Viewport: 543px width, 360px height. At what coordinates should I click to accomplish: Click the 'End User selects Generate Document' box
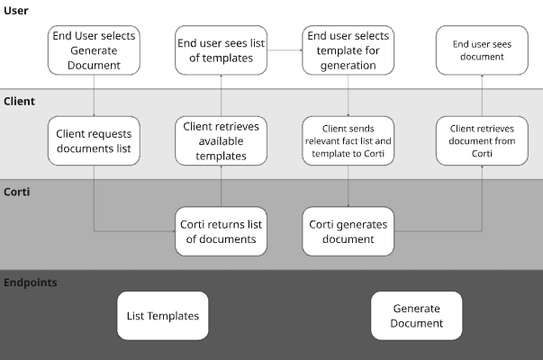coord(94,50)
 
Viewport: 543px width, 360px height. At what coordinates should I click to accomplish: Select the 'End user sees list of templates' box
coord(220,50)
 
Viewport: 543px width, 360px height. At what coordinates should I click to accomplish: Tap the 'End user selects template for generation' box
coord(348,50)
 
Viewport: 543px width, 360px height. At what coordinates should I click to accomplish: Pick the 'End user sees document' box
coord(480,50)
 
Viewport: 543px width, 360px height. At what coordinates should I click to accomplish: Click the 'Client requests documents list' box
coord(94,141)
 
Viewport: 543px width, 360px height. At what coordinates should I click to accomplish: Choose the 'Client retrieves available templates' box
coord(220,141)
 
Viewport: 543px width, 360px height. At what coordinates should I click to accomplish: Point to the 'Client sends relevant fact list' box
coord(348,141)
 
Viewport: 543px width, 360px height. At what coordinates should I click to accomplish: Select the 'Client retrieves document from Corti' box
coord(480,141)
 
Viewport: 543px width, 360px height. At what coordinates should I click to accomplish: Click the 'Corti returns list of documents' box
coord(220,231)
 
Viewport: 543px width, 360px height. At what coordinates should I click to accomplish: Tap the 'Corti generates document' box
coord(348,231)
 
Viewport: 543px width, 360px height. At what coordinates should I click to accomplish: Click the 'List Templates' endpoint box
coord(163,316)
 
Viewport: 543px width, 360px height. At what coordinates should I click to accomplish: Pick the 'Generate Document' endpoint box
coord(416,316)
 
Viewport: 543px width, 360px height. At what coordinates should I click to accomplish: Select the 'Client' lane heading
coord(20,102)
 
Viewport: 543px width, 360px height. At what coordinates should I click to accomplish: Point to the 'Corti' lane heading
coord(18,193)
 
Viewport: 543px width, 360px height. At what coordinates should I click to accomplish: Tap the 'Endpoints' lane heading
coord(31,283)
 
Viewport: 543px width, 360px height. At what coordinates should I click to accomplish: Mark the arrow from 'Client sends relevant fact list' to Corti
coord(348,187)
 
